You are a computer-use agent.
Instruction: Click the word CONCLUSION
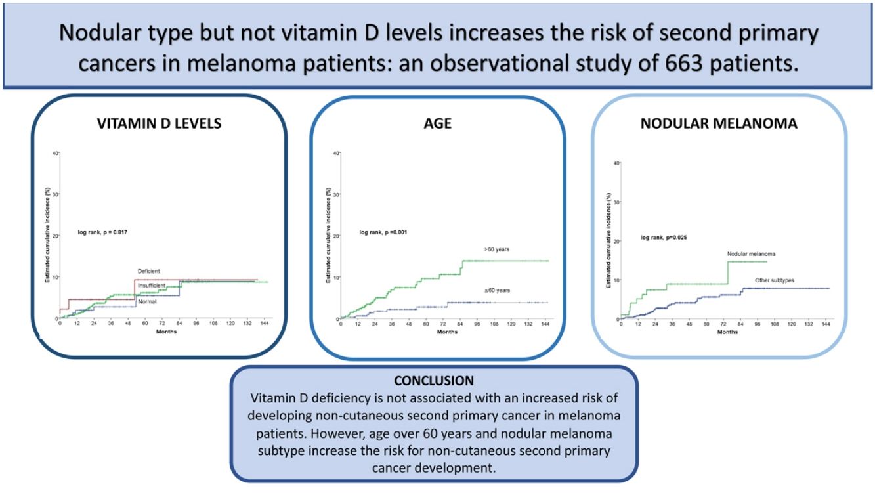coord(433,381)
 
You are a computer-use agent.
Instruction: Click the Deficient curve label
coord(149,271)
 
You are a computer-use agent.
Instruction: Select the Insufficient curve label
coord(152,286)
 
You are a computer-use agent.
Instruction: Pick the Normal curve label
coord(147,301)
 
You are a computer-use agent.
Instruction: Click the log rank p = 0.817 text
coord(104,234)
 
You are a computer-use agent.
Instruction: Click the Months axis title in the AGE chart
coord(446,332)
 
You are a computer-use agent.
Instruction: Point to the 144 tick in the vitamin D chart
coord(265,324)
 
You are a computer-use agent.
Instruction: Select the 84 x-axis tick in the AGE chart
coord(461,325)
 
